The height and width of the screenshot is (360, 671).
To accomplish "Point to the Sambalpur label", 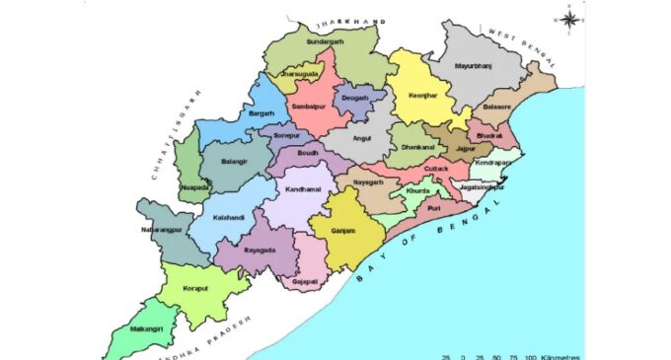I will (307, 106).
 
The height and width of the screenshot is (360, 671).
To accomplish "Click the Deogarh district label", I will (354, 98).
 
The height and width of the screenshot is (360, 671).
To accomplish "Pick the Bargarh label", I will (261, 114).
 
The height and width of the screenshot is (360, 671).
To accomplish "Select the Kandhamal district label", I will (304, 187).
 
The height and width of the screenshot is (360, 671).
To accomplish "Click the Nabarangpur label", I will (156, 231).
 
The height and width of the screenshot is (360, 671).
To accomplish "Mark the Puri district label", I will (433, 209).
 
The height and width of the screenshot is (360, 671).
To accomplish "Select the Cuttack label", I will (436, 169).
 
